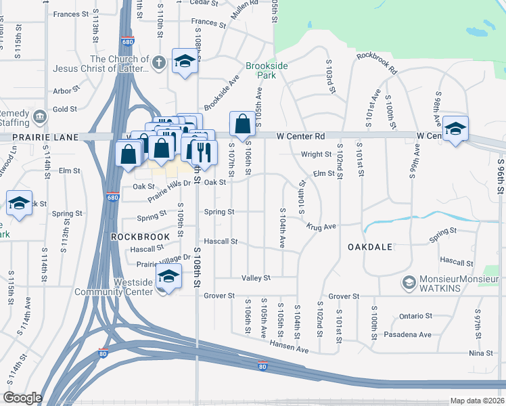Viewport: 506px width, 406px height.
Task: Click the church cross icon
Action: pyautogui.click(x=158, y=62)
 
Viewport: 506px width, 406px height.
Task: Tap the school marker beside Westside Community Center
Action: pyautogui.click(x=168, y=277)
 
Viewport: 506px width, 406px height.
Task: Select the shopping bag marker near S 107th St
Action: pyautogui.click(x=242, y=125)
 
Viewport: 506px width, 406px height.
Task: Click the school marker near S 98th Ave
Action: pyautogui.click(x=455, y=129)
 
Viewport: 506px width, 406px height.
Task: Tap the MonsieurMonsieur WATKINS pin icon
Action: pyautogui.click(x=408, y=282)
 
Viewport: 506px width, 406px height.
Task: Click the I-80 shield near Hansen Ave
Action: pyautogui.click(x=262, y=367)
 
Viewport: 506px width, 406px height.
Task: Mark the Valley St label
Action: pyautogui.click(x=256, y=277)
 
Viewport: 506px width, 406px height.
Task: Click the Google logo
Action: pyautogui.click(x=23, y=397)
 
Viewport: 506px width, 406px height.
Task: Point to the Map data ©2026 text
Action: pyautogui.click(x=477, y=401)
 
